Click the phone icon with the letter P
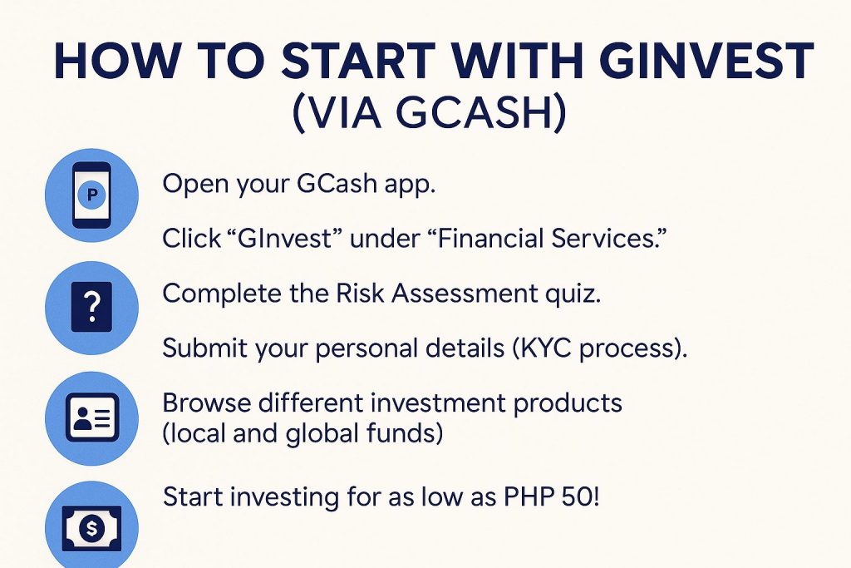[91, 195]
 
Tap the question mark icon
[91, 308]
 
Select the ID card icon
[91, 417]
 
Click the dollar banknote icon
[91, 528]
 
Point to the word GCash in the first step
[337, 184]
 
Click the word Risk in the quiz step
[360, 294]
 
